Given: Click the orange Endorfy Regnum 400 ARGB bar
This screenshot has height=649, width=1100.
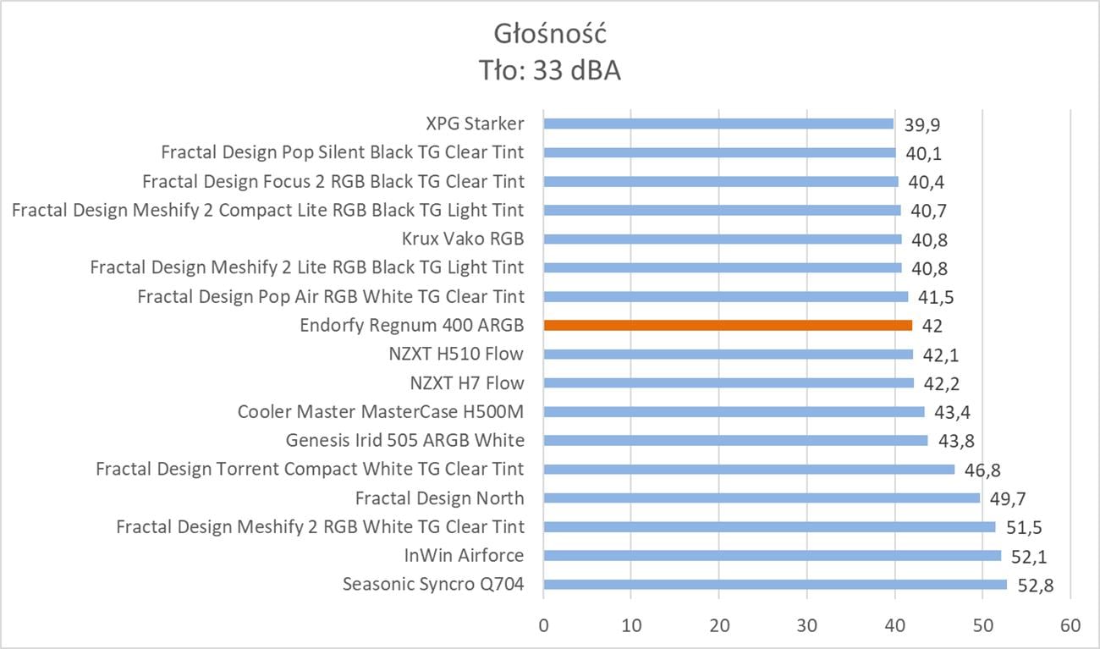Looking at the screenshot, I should coord(728,325).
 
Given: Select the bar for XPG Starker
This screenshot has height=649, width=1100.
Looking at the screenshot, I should coord(718,124).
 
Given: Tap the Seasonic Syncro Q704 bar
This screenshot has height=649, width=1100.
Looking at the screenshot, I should coord(775,584).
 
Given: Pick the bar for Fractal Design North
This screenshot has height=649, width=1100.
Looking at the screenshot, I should coord(762,498).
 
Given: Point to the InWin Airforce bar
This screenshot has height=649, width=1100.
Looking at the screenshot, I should coord(772,555).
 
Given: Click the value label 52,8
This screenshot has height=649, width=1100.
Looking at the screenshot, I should coord(1036,585).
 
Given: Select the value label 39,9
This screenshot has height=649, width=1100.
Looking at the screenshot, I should coord(922,124).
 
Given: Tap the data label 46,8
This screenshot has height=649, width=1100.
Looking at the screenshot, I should coord(982,470).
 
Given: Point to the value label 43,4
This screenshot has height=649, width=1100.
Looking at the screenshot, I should coord(953,412).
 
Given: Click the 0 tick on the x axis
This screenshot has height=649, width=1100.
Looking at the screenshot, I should coord(543,626).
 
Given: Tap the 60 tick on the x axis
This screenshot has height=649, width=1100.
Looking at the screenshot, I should coord(1070,626).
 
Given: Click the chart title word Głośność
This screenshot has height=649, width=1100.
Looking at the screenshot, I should coord(549,34).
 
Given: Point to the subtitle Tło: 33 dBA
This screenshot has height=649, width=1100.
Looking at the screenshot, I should coord(549,71).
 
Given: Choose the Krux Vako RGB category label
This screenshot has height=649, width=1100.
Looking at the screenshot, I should coord(463,239).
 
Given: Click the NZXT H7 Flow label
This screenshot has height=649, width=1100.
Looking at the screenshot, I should coord(467,382).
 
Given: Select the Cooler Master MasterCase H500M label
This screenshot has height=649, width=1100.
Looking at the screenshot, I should coord(381,412).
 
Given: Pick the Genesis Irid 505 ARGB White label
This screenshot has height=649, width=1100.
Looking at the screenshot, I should coord(404,440).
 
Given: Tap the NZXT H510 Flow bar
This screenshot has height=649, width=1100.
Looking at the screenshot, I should coord(728,354).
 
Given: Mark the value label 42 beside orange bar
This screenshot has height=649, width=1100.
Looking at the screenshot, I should coord(932,326).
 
